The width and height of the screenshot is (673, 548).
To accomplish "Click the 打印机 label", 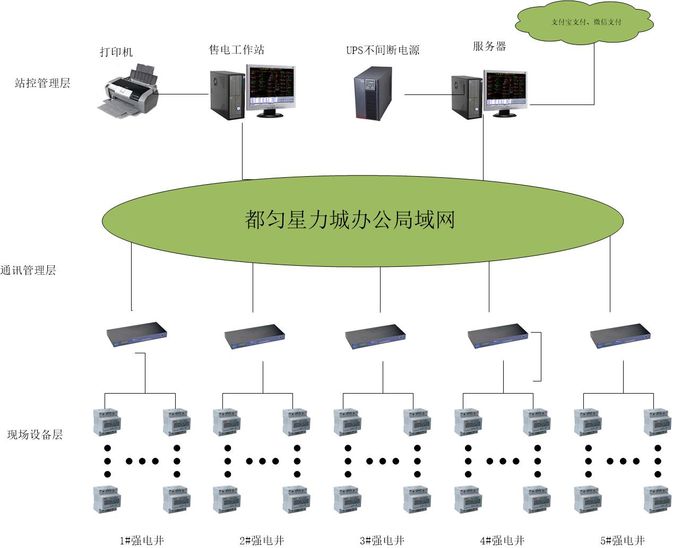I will [x=116, y=52].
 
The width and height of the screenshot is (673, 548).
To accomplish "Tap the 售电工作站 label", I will [x=236, y=50].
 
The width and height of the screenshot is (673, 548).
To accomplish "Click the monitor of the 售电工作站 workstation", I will [x=271, y=88].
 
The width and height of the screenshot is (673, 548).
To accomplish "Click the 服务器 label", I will [x=489, y=46].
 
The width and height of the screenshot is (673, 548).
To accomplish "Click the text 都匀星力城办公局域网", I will [x=350, y=219].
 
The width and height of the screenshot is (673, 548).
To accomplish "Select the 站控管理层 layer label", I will [x=42, y=83].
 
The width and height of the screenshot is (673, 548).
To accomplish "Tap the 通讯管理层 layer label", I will [x=28, y=270].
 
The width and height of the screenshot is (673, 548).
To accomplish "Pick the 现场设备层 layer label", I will [x=35, y=434].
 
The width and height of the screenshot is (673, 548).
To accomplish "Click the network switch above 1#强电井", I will [x=137, y=334].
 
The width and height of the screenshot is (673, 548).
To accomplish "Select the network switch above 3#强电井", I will [x=375, y=336].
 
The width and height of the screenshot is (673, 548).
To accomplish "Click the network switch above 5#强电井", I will [x=620, y=335].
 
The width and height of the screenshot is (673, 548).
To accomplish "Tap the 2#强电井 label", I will [x=262, y=541].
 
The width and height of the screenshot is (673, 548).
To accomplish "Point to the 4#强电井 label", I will [x=502, y=541].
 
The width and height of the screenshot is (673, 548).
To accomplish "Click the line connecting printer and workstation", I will [x=183, y=95].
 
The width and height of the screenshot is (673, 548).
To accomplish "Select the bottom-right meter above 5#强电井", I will [x=657, y=500].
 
